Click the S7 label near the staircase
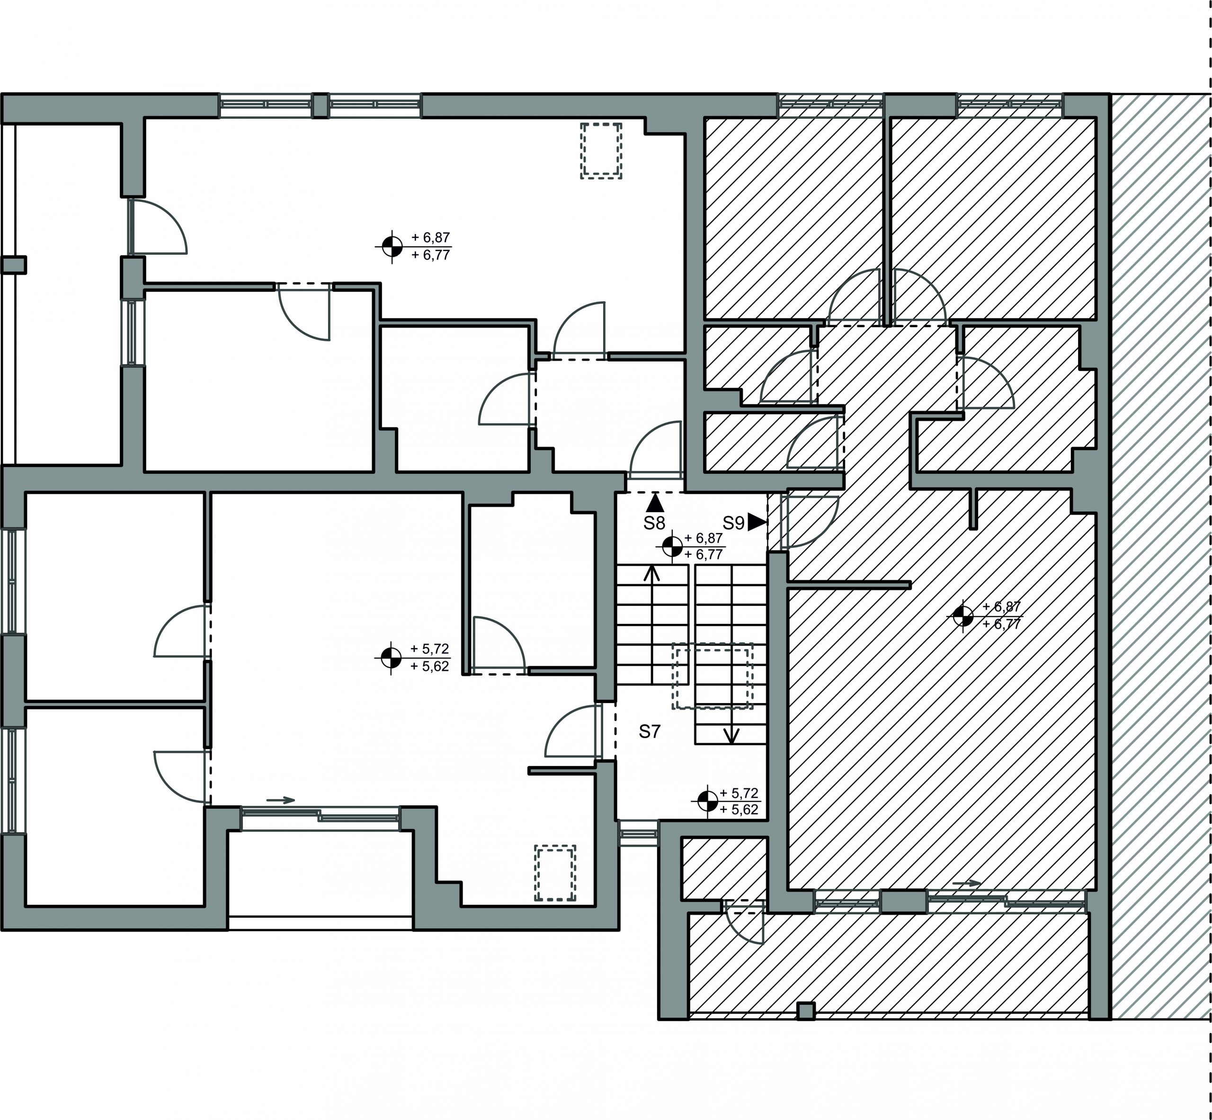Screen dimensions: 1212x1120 click(649, 732)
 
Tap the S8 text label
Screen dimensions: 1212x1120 click(654, 523)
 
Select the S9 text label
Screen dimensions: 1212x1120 click(733, 523)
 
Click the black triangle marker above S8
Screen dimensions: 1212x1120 click(655, 503)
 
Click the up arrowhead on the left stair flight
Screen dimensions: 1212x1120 click(652, 573)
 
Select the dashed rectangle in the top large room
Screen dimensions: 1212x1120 click(601, 150)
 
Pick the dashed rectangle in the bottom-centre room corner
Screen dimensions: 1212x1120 click(555, 873)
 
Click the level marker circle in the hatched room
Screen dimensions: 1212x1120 click(963, 616)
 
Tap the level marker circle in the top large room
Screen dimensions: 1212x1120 click(392, 247)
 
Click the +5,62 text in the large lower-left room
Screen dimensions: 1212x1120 click(430, 667)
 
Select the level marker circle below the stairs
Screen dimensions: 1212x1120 click(706, 801)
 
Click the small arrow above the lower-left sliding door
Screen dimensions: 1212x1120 click(280, 800)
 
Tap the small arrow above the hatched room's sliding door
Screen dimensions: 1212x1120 click(966, 883)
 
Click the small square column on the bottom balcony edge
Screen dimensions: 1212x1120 click(806, 1011)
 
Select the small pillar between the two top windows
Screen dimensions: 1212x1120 click(321, 106)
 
